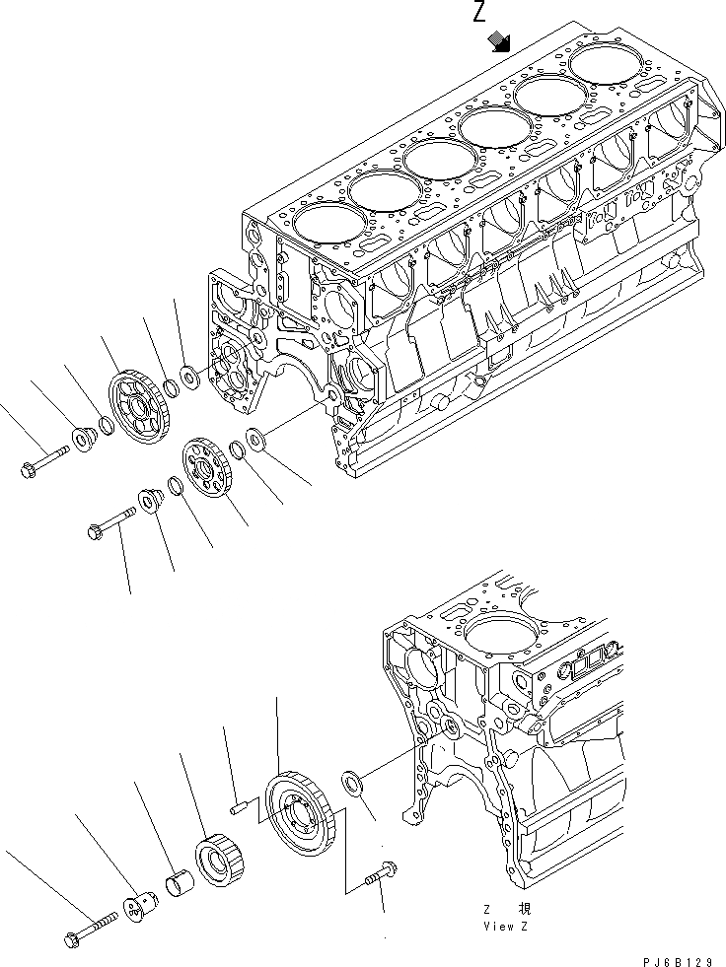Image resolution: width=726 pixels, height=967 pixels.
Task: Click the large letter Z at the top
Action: (x=479, y=13)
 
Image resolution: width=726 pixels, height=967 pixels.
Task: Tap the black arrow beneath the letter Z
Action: (x=500, y=40)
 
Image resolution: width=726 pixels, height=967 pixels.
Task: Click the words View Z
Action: (x=507, y=927)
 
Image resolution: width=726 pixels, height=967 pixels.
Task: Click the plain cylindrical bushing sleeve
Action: (x=178, y=877)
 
